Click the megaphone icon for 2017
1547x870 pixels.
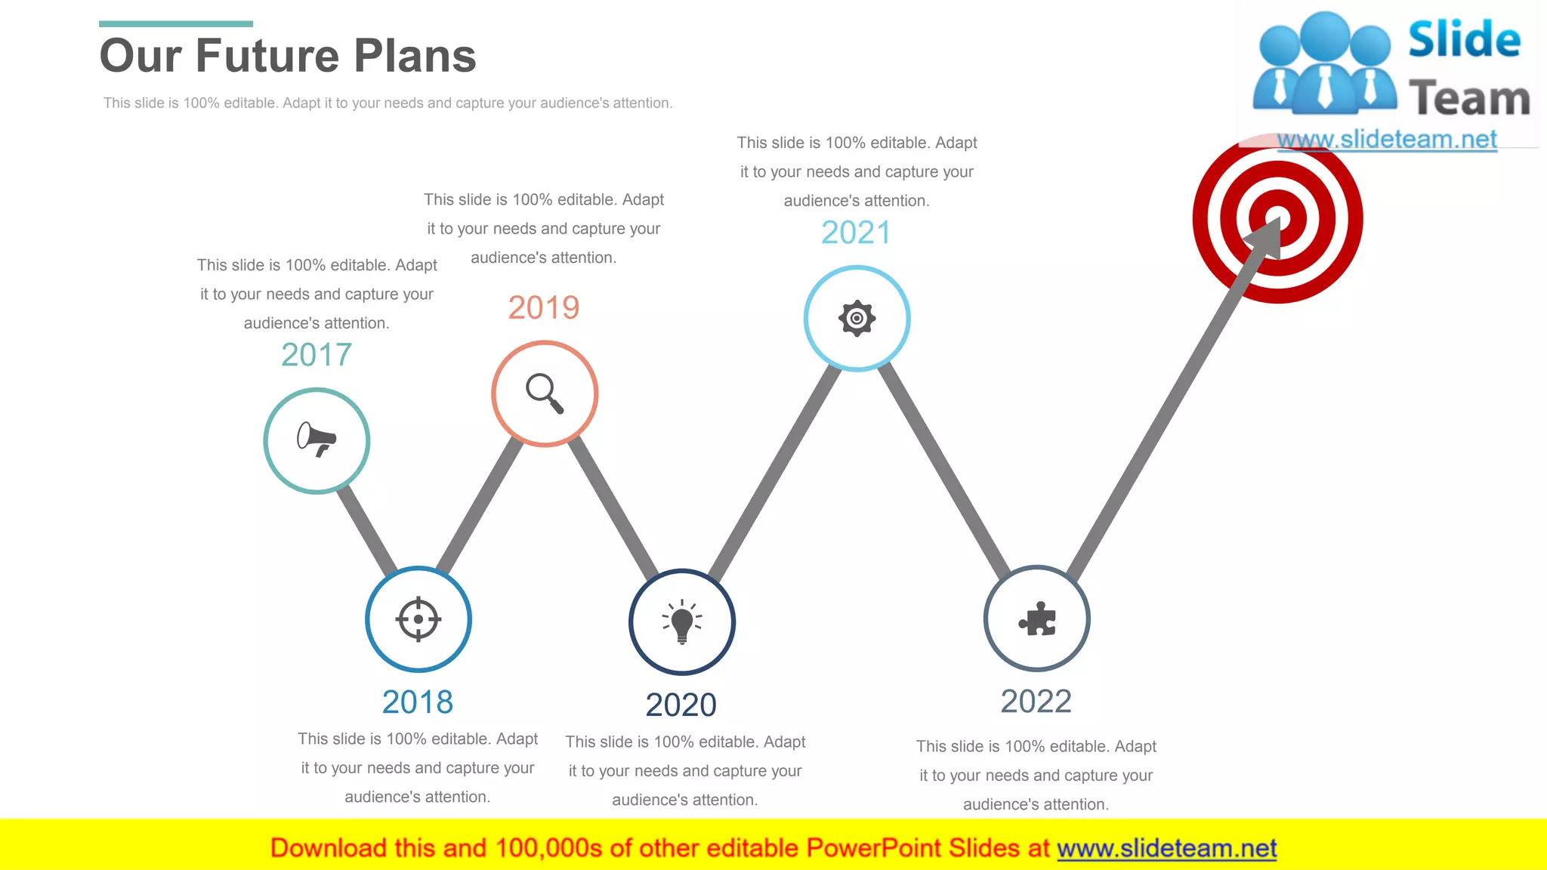click(317, 440)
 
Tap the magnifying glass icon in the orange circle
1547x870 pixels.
click(545, 393)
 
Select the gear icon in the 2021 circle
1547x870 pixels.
click(857, 318)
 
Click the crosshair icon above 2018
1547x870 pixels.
click(418, 619)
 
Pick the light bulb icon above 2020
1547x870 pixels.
click(682, 622)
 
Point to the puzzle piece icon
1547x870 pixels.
click(1037, 619)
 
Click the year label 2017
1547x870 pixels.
click(317, 354)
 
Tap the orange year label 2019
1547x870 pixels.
click(544, 307)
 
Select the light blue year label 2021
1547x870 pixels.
click(856, 233)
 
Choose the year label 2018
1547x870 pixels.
click(418, 702)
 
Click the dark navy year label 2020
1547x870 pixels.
click(681, 705)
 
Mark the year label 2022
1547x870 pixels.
click(1036, 701)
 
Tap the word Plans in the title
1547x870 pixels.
click(415, 56)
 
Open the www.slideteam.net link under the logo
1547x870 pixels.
click(1387, 140)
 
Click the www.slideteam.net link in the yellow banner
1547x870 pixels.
click(1166, 849)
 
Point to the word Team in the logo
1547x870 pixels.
click(1468, 99)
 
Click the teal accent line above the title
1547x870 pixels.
click(176, 24)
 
